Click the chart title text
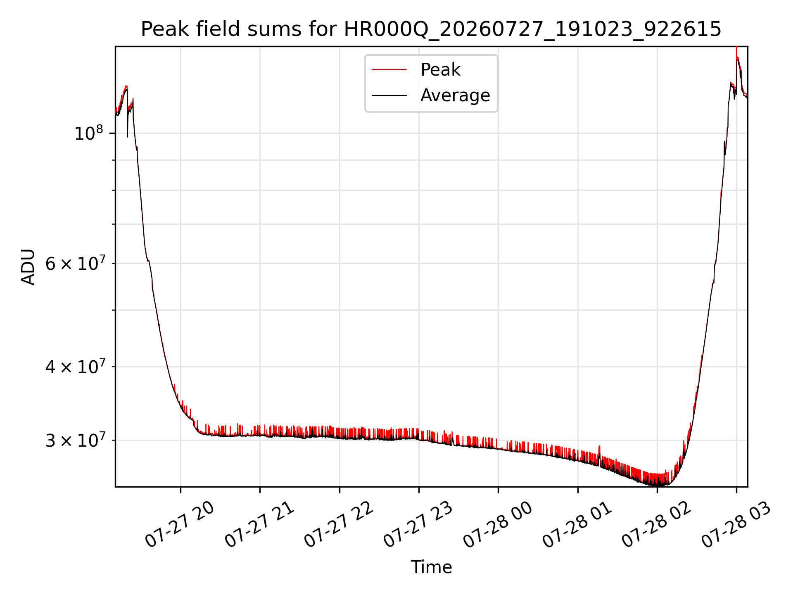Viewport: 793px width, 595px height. pos(431,29)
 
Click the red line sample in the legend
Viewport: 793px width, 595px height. pos(389,69)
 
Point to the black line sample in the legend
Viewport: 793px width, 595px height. pos(389,95)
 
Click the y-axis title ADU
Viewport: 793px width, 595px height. pos(28,267)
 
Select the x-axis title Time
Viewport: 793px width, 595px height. pos(431,567)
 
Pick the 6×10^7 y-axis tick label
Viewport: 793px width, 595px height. pos(75,263)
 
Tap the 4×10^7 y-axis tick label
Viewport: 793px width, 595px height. pos(75,367)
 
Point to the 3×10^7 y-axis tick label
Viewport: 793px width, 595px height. pos(75,440)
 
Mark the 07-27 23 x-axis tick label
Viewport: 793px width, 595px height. pos(419,524)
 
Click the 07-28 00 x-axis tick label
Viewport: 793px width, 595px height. pos(498,524)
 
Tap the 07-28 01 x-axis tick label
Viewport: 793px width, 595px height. pos(578,524)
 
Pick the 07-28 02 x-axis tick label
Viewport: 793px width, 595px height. pos(657,524)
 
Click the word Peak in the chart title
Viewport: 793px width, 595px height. pos(159,29)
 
